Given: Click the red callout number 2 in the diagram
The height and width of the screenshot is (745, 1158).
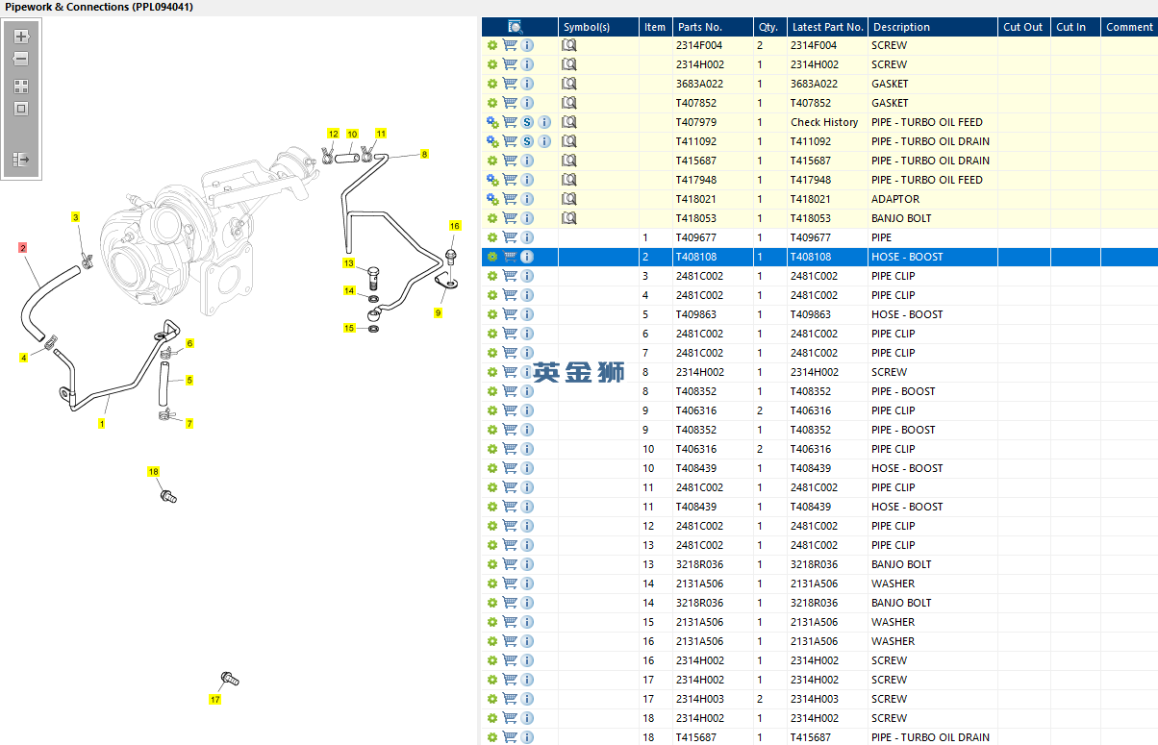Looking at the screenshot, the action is click(22, 248).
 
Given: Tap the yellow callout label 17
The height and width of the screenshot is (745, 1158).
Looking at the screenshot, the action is click(215, 700).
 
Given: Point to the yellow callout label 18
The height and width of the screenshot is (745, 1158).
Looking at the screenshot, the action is click(154, 472).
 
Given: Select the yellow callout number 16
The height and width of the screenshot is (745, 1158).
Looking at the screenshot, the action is click(454, 226).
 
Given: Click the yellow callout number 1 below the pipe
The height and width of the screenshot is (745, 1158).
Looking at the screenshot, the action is click(102, 424).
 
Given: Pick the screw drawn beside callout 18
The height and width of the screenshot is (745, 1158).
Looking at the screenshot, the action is click(168, 497).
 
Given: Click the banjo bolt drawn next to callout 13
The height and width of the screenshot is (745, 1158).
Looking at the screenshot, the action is click(373, 279).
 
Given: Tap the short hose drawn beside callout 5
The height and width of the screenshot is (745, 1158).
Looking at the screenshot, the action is click(164, 384).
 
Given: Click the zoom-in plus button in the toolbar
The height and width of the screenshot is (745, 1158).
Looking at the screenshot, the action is click(21, 37).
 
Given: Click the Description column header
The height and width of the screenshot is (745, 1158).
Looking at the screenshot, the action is click(901, 27).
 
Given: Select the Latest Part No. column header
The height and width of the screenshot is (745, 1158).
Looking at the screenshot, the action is click(828, 27).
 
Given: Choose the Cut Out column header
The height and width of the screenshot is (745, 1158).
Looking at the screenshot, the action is click(1022, 27).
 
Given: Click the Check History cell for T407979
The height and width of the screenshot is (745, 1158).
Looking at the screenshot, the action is click(824, 122).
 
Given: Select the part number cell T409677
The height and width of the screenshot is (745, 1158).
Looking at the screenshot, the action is click(695, 237).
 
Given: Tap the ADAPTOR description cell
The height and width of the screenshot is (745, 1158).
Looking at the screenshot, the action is click(895, 199).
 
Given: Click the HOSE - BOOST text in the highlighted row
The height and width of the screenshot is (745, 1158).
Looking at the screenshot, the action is click(907, 257).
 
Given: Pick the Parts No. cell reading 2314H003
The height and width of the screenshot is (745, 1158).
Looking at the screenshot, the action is click(700, 699).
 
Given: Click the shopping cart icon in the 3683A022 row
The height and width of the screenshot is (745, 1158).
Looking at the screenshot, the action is click(510, 84).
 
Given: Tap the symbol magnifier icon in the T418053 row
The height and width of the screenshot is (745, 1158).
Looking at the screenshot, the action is click(569, 218).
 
